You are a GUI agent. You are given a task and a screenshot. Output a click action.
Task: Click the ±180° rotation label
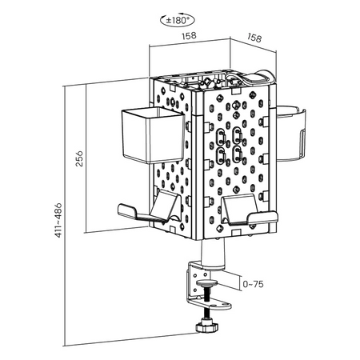pos(178,20)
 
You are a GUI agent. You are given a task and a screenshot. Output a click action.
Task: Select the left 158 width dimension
pos(189,36)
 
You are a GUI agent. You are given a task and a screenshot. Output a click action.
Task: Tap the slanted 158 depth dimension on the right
pos(254,38)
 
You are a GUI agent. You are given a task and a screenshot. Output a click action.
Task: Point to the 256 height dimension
pos(79,158)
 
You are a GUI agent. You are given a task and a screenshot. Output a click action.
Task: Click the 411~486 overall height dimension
pos(58,220)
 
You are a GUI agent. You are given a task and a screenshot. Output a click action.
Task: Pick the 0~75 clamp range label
pos(253,284)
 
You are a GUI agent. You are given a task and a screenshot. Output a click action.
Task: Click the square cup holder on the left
pos(153,134)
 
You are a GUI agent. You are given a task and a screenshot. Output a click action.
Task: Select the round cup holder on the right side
pos(290,134)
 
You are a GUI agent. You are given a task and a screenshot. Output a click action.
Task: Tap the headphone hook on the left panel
pos(150,210)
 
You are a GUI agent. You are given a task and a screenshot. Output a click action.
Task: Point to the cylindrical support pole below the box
pos(213,254)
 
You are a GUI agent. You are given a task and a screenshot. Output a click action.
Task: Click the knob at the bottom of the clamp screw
pos(207,326)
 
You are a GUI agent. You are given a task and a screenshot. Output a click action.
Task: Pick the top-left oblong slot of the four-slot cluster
pos(221,137)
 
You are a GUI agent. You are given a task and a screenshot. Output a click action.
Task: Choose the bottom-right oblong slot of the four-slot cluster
pos(237,154)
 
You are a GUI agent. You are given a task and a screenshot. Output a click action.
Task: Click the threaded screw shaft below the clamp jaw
pos(206,314)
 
